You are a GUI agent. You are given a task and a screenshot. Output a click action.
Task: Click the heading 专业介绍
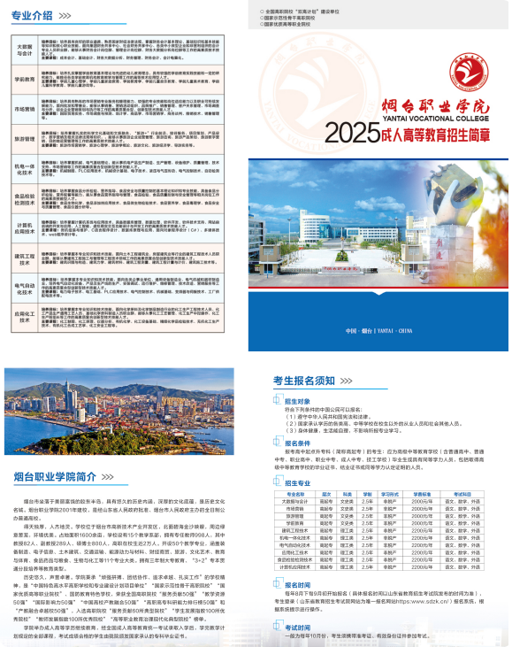coord(34,15)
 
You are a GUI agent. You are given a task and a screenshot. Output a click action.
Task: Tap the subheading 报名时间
coord(297,586)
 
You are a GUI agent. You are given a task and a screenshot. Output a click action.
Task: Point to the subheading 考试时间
coord(297,626)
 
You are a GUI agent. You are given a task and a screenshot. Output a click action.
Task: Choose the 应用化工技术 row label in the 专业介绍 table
coord(25,315)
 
